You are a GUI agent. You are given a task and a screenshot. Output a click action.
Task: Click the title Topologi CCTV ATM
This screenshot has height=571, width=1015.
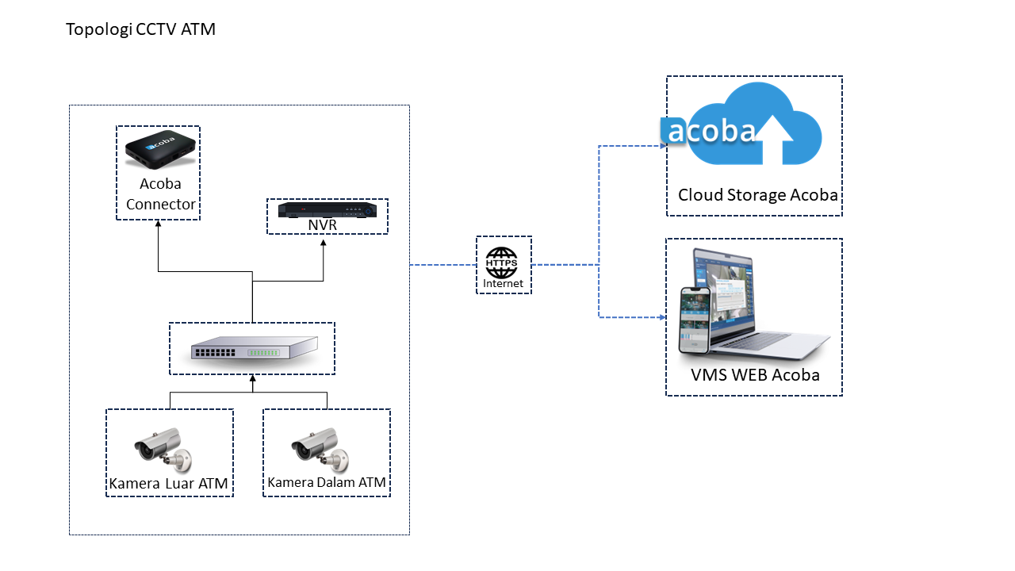140,30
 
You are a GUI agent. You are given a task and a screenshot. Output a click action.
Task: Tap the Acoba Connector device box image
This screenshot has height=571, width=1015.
159,150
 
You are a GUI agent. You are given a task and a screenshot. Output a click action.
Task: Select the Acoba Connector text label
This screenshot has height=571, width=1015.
160,194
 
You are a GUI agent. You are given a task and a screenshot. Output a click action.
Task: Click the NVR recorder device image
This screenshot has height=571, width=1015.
327,210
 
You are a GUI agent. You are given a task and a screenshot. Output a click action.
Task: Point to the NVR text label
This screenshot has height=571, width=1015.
323,226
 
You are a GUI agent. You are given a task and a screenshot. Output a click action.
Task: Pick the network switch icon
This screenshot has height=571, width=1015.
253,350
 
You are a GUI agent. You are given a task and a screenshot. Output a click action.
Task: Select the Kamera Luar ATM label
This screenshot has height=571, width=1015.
169,484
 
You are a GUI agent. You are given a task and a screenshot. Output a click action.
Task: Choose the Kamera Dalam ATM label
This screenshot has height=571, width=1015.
327,482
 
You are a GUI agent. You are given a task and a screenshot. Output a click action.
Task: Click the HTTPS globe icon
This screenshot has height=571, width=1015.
501,262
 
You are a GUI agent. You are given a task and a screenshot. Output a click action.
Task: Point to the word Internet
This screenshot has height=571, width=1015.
503,283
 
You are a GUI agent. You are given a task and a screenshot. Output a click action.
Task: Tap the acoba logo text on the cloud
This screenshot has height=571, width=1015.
708,131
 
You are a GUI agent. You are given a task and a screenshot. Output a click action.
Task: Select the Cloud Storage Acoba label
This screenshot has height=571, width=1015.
757,195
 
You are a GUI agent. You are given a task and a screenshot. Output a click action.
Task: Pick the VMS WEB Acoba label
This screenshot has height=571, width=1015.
755,375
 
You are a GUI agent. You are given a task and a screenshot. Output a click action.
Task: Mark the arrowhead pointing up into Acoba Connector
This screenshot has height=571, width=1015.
159,224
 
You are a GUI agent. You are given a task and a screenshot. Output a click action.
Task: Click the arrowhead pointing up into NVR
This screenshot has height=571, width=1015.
324,243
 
